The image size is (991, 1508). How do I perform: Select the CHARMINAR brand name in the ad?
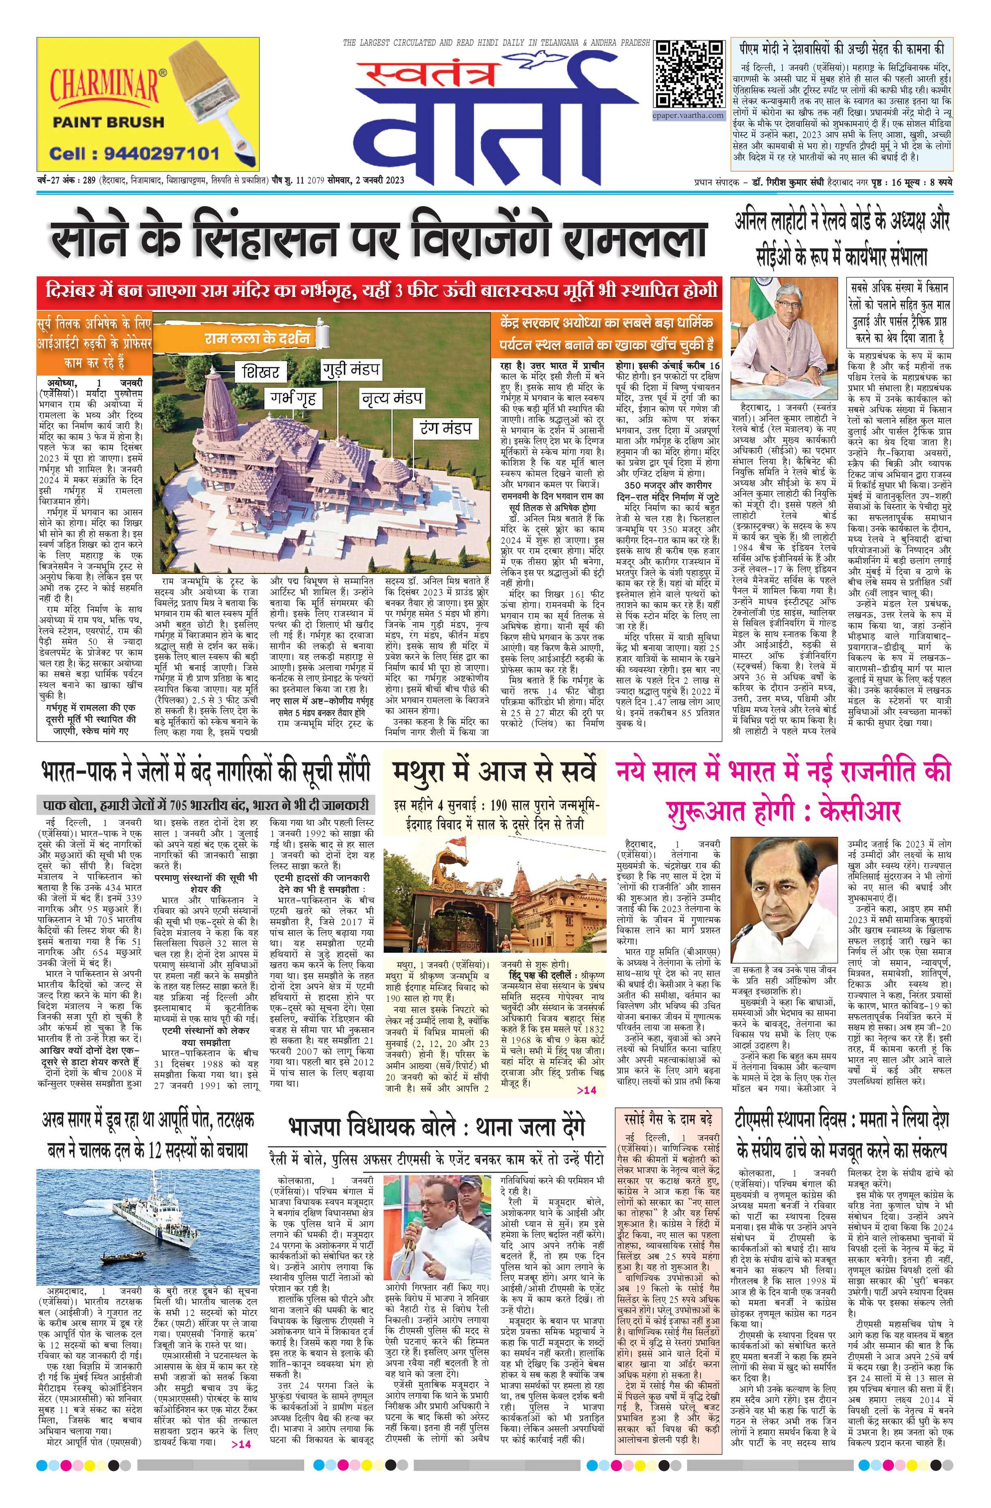click(x=104, y=85)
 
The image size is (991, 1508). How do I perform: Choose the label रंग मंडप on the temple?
click(x=445, y=428)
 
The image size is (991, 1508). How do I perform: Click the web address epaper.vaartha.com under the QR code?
click(x=688, y=115)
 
